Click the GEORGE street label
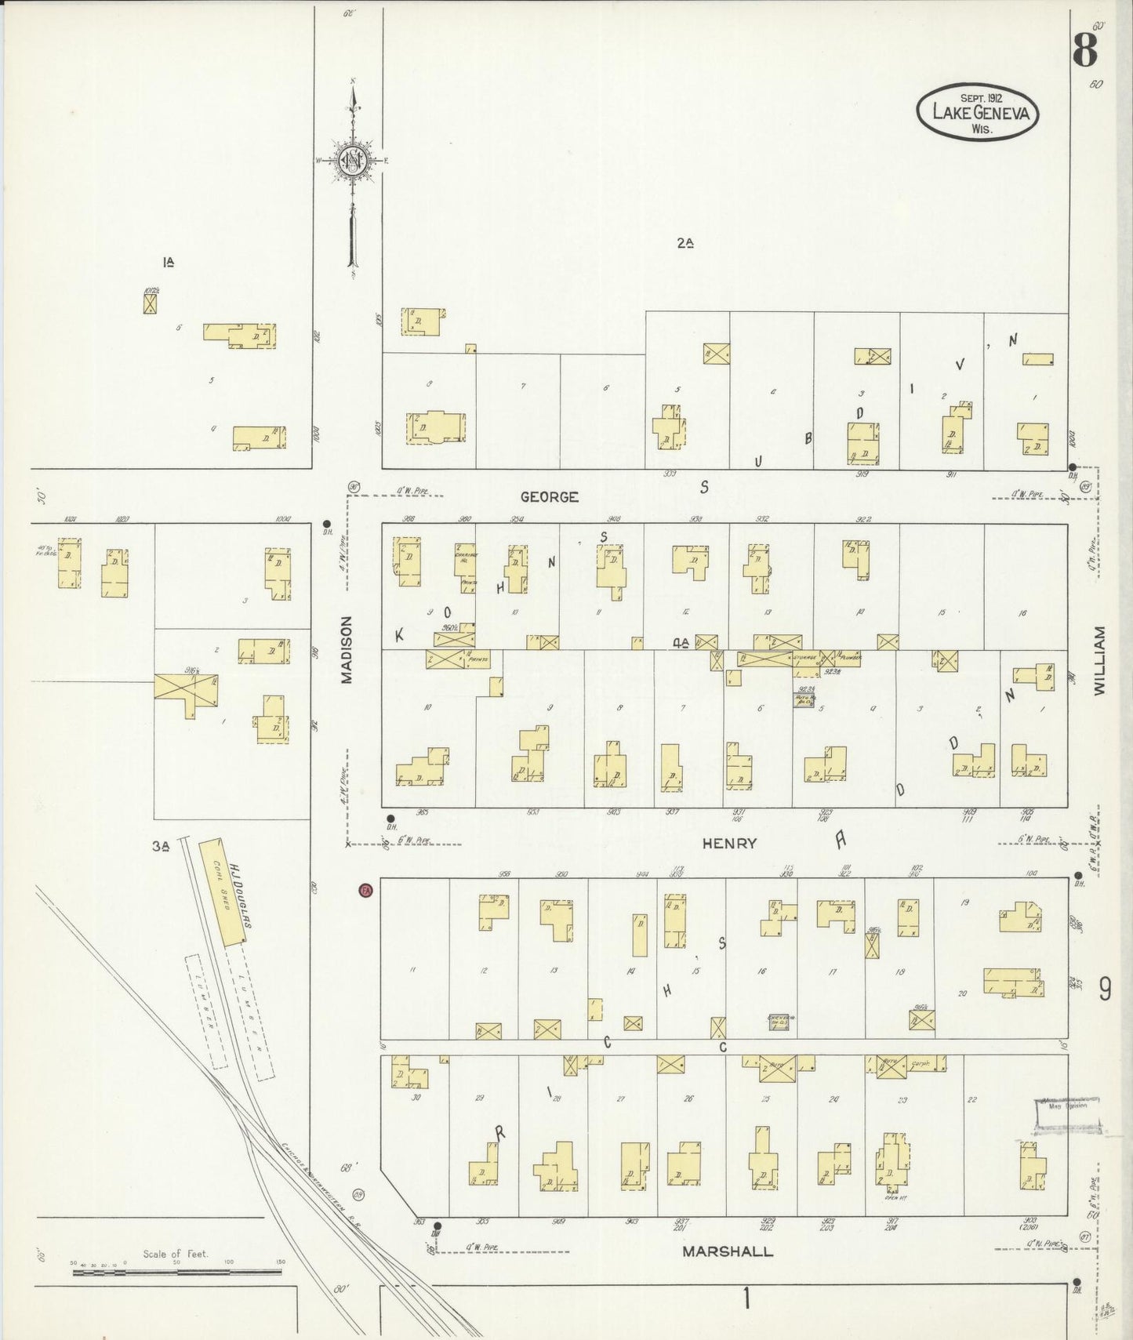pos(550,497)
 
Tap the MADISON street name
pos(347,649)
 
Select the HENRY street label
pos(729,844)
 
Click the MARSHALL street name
pos(727,1251)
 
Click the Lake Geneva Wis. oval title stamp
pos(978,112)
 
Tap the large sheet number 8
pos(1084,51)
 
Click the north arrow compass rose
pos(354,161)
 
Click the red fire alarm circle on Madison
pos(365,890)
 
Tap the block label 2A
pos(685,244)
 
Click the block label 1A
pos(168,263)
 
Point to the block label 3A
pos(162,846)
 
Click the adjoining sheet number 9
pos(1104,991)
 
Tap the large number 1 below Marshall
pos(746,1299)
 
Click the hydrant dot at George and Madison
pos(326,524)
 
